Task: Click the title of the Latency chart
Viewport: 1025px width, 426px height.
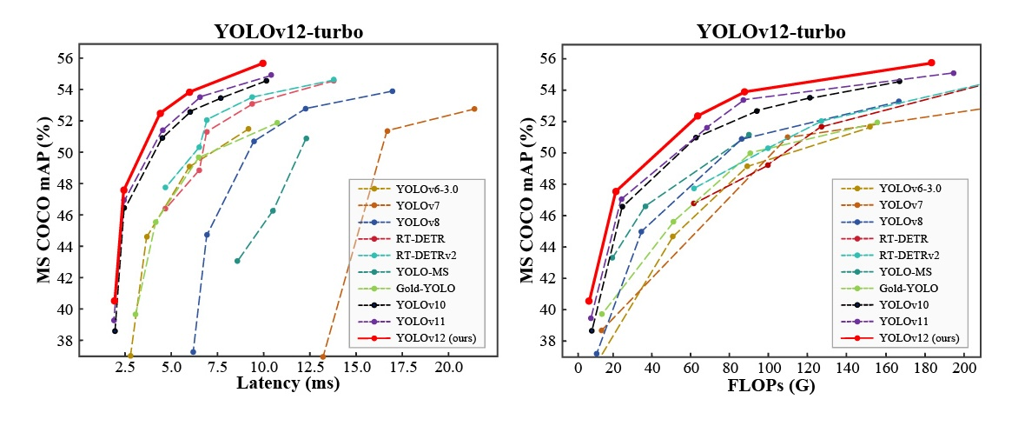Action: point(288,33)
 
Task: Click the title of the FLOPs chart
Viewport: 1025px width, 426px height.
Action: point(770,33)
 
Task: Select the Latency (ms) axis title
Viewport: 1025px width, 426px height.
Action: point(288,383)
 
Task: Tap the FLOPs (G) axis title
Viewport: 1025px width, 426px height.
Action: point(770,383)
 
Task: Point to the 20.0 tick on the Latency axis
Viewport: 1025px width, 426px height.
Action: point(449,367)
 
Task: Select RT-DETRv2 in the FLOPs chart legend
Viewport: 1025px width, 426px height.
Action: point(907,255)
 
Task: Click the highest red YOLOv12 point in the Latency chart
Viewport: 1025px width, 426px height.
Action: point(262,63)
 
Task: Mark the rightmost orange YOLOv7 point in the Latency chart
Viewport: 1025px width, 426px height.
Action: point(473,109)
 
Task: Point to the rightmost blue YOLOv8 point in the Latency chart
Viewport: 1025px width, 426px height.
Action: point(392,91)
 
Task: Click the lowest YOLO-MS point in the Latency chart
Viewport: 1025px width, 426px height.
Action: point(237,261)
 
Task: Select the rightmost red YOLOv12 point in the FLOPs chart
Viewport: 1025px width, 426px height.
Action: point(931,63)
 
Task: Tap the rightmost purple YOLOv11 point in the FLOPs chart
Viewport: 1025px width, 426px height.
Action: point(953,73)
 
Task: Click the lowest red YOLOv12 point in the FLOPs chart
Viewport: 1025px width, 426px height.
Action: point(589,301)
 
